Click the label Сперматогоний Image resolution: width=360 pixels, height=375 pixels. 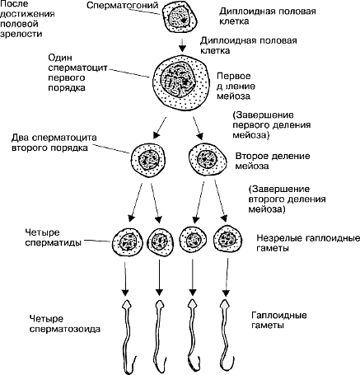pos(122,5)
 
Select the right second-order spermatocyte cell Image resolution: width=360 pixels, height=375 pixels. pos(208,159)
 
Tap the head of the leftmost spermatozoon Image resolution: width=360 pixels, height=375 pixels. pos(126,306)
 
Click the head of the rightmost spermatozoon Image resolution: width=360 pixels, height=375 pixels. pos(226,305)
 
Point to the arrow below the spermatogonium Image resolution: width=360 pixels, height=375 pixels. pos(182,45)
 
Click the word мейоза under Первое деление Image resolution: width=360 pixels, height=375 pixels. pos(233,96)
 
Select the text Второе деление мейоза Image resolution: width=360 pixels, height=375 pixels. pos(273,161)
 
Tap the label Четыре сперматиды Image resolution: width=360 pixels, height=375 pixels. pos(53,237)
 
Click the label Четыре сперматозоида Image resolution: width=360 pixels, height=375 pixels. pos(65,324)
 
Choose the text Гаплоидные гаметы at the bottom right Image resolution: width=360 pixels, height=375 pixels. pos(279,320)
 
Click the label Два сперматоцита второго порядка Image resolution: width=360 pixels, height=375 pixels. pos(54,143)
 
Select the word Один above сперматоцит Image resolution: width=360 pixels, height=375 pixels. pos(60,58)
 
